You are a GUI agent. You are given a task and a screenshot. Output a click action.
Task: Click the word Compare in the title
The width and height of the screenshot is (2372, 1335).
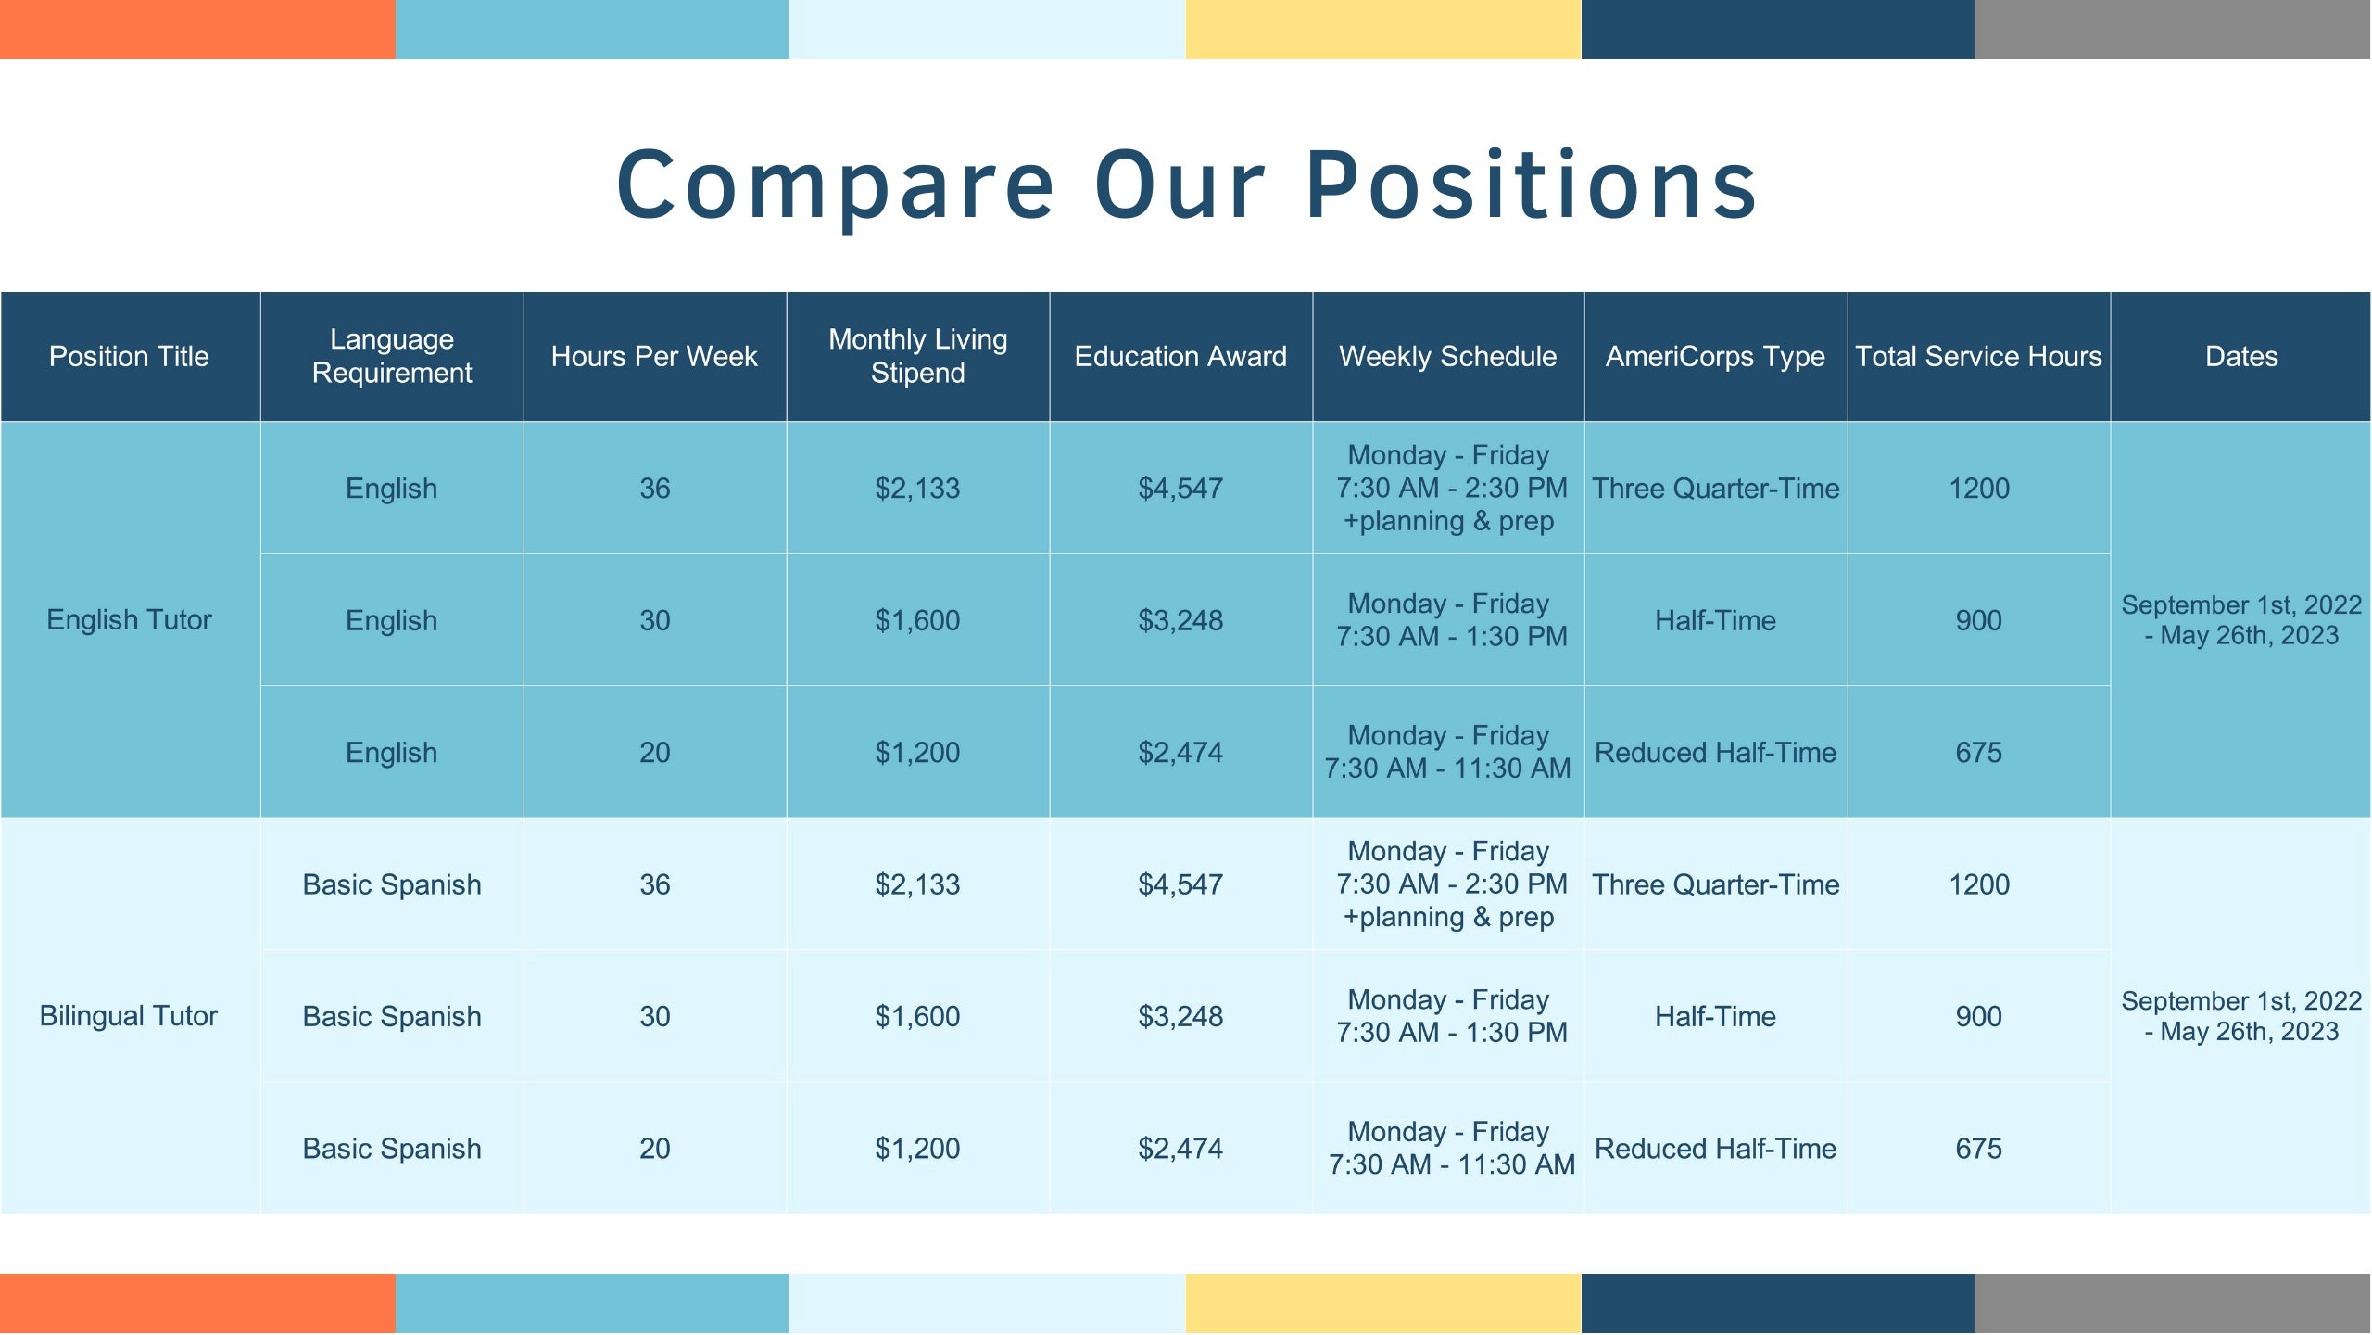tap(836, 186)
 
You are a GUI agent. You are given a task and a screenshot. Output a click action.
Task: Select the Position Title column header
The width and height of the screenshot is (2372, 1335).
tap(129, 356)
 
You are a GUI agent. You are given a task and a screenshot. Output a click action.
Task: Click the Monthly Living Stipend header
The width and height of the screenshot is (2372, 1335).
tap(917, 356)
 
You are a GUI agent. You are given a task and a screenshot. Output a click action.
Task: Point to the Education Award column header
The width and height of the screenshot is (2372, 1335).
tap(1180, 356)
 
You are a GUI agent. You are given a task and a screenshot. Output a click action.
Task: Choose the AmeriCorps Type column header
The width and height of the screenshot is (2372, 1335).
tap(1715, 357)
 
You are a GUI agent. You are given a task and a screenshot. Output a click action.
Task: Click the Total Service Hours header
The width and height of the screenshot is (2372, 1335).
tap(1978, 356)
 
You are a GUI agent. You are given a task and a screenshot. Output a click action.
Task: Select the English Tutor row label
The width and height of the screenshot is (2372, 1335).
tap(129, 619)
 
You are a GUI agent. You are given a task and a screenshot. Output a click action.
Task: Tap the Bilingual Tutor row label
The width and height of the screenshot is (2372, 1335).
tap(129, 1016)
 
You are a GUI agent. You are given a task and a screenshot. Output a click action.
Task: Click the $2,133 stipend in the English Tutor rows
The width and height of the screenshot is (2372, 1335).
tap(917, 489)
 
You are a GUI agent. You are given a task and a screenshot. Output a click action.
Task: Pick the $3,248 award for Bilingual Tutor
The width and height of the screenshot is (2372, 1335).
tap(1180, 1016)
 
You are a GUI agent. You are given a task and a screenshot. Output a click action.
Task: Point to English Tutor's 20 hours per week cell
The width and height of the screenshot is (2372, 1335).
tap(654, 752)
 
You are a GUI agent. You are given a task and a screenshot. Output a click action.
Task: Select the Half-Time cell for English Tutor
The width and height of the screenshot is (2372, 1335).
tap(1715, 620)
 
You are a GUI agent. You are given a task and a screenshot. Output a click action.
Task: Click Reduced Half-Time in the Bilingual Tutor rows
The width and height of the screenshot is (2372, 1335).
tap(1715, 1149)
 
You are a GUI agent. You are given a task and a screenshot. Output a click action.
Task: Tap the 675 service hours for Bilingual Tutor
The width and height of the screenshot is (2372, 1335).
tap(1978, 1149)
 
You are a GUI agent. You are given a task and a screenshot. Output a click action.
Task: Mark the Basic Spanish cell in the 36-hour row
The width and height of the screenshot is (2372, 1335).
tap(392, 885)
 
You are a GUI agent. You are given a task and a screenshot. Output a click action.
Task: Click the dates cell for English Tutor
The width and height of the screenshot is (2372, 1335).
tap(2241, 620)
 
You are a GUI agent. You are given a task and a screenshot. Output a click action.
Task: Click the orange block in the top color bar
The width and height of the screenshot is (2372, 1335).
tap(197, 30)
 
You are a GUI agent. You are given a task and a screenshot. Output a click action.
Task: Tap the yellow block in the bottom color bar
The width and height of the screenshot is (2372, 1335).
tap(1383, 1303)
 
